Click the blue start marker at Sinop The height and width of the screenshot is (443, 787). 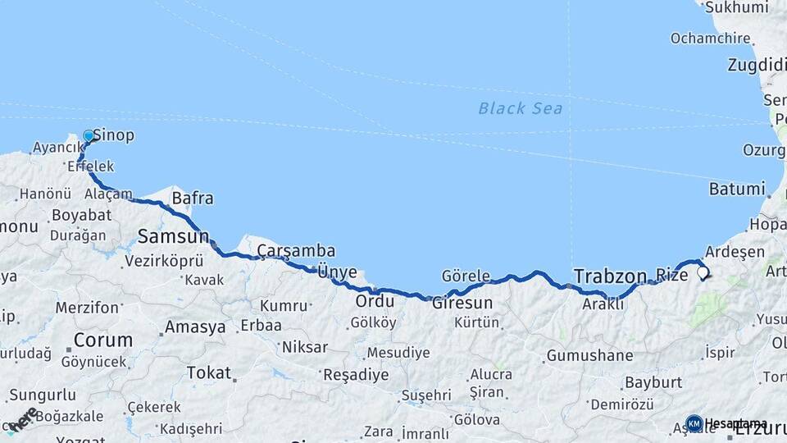tap(89, 136)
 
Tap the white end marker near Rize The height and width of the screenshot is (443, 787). tap(702, 274)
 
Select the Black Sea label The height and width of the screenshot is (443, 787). tap(521, 107)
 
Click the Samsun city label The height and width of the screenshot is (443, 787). tap(173, 237)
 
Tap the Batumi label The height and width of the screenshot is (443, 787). tap(736, 189)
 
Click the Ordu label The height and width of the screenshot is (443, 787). tap(374, 301)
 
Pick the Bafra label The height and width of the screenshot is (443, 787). tap(192, 198)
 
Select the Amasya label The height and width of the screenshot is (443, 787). tap(195, 327)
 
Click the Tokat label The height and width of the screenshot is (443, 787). tap(208, 372)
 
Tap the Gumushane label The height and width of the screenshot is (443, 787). tap(589, 355)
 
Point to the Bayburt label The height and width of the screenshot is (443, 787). tap(653, 382)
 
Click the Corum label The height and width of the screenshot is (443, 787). tap(103, 340)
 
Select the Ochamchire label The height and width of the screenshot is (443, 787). tap(710, 38)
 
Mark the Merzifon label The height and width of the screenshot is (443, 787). tap(87, 308)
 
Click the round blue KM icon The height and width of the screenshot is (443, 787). tap(694, 423)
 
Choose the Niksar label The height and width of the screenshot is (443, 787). tap(304, 347)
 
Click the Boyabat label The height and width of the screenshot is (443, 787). tap(81, 215)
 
